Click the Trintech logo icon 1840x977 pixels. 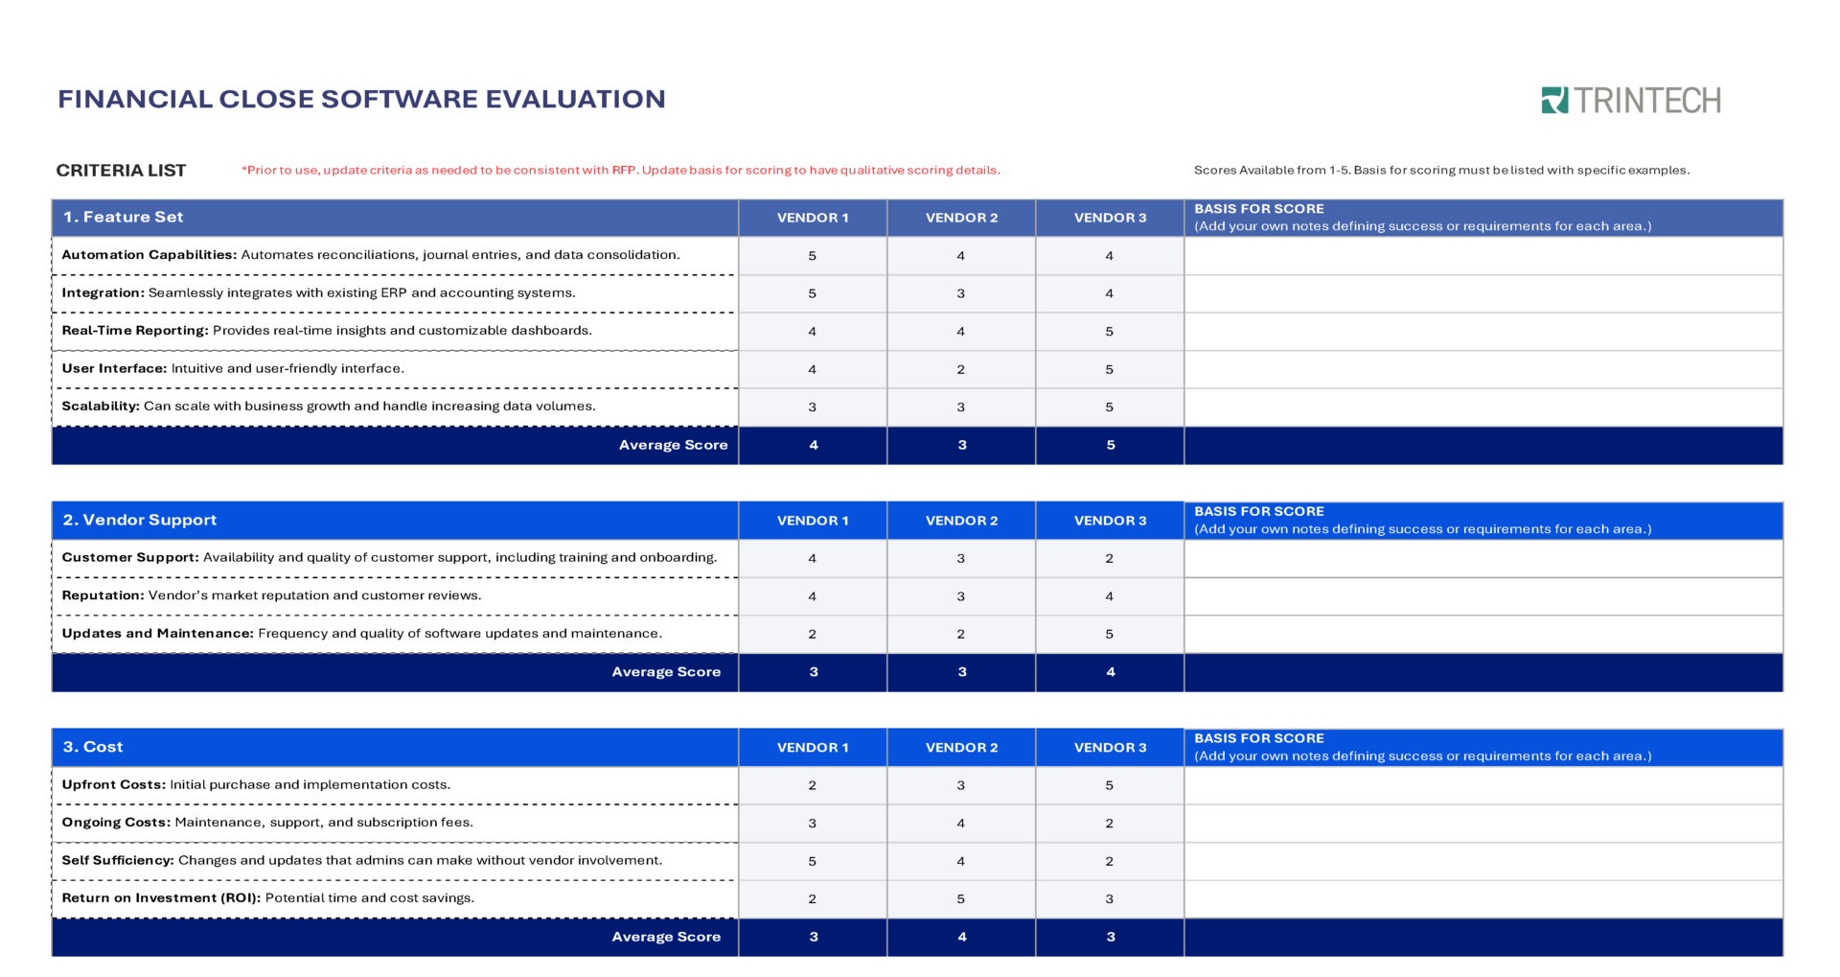point(1554,100)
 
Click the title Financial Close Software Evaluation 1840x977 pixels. point(361,99)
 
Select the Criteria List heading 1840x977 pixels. point(121,171)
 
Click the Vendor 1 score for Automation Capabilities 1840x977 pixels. point(812,256)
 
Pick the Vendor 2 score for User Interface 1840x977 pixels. point(960,369)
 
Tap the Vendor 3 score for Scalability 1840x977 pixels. point(1109,407)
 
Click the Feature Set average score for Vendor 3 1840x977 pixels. point(1110,445)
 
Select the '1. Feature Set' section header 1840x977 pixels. point(123,218)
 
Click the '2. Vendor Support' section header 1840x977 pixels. point(140,520)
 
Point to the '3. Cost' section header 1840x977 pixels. point(93,747)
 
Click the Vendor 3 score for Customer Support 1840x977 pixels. point(1109,558)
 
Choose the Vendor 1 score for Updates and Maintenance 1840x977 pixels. point(812,634)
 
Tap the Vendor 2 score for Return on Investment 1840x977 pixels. point(960,898)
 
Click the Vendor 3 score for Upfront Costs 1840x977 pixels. point(1109,785)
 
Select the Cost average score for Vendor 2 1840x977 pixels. point(961,937)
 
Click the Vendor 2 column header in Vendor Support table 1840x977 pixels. point(961,521)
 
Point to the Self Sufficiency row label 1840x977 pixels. point(118,860)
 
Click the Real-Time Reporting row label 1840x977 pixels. point(135,331)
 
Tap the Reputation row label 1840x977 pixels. point(103,595)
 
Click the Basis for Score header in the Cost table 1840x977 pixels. point(1258,738)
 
